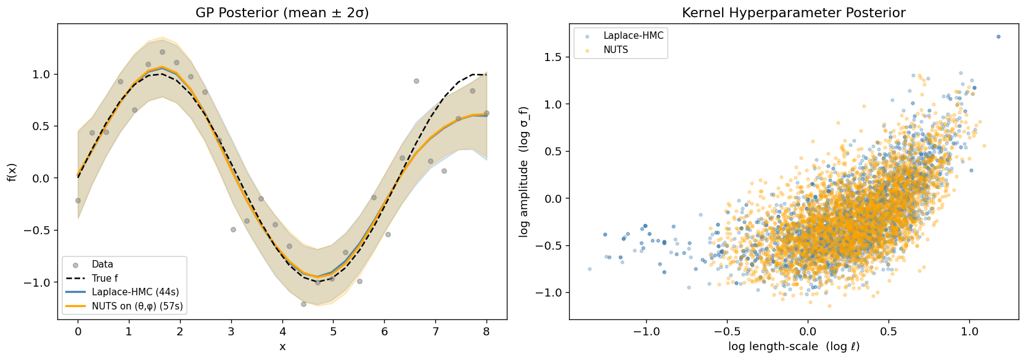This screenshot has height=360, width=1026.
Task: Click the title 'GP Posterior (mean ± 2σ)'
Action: tap(282, 13)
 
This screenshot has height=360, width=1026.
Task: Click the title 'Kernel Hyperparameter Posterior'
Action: tap(794, 13)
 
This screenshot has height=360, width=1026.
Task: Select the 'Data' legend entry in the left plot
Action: tap(102, 264)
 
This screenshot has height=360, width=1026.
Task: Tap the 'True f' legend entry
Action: tap(105, 278)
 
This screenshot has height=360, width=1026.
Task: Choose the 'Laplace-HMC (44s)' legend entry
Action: tap(135, 292)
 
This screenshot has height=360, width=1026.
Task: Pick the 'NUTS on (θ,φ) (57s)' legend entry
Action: tap(137, 306)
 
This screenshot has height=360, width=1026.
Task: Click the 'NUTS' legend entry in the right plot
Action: tap(615, 50)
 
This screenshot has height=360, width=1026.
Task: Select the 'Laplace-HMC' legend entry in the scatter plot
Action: tap(633, 36)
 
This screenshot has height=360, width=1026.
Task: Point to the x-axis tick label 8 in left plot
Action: tap(486, 332)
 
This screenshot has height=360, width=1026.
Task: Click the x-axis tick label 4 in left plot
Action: tap(282, 332)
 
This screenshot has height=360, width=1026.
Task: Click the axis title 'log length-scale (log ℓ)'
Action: tap(794, 346)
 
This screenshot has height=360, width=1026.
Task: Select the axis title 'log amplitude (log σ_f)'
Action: tap(524, 171)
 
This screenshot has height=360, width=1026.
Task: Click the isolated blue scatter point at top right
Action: tap(998, 37)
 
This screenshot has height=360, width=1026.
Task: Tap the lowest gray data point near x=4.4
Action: tap(303, 304)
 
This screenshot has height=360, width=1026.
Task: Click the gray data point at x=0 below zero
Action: tap(78, 200)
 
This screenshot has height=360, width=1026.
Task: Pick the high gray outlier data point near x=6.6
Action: tap(416, 81)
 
